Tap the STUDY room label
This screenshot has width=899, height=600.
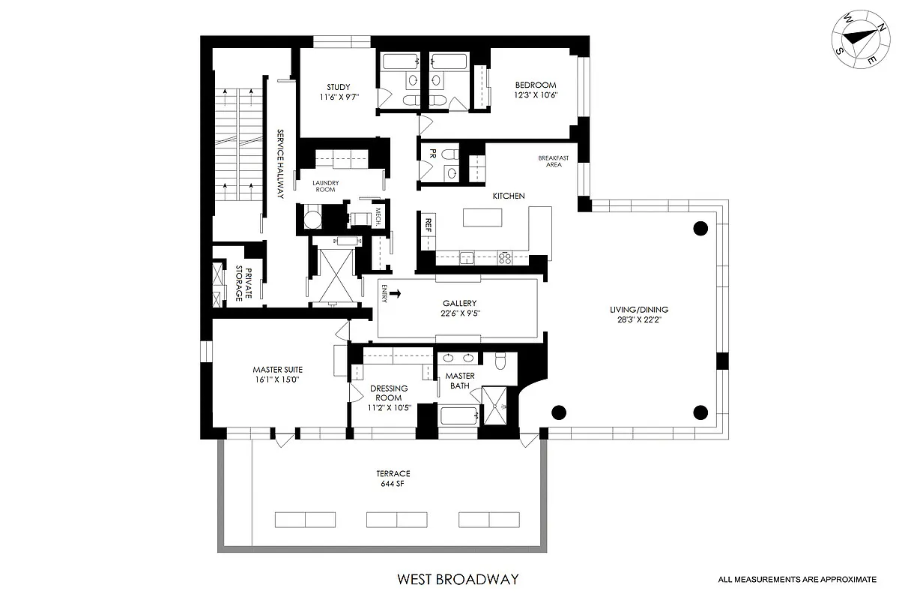pyautogui.click(x=338, y=87)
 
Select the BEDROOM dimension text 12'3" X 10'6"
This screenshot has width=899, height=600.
pyautogui.click(x=535, y=95)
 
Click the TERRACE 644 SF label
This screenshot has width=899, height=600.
pyautogui.click(x=393, y=478)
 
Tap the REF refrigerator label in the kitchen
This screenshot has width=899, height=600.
pyautogui.click(x=429, y=223)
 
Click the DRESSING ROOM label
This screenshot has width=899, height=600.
pyautogui.click(x=389, y=393)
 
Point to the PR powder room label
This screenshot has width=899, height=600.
pyautogui.click(x=432, y=154)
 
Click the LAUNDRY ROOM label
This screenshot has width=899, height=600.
pyautogui.click(x=325, y=186)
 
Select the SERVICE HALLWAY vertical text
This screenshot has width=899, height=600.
pyautogui.click(x=279, y=163)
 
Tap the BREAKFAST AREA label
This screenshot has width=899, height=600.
pyautogui.click(x=554, y=161)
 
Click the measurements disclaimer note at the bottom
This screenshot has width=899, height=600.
pyautogui.click(x=797, y=579)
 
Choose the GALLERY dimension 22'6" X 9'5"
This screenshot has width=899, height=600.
pyautogui.click(x=459, y=313)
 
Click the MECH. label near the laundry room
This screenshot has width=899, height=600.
pyautogui.click(x=378, y=215)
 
